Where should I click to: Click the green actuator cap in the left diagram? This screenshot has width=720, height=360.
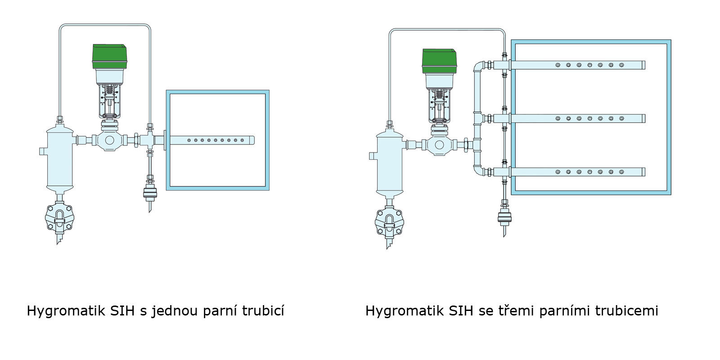109,57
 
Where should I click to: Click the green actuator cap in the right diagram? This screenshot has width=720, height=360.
439,61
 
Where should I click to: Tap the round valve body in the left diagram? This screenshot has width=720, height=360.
109,140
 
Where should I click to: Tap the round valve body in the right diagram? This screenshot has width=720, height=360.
439,145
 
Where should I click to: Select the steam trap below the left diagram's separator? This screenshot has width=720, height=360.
59,218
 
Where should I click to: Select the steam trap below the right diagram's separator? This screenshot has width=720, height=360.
389,223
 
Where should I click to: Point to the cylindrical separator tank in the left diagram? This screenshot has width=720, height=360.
60,158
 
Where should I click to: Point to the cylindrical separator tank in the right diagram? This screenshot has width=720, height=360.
390,163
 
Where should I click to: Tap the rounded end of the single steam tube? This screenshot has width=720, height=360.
252,140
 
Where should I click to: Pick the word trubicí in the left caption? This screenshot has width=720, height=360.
263,310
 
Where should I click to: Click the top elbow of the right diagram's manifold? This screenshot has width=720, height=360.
479,66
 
